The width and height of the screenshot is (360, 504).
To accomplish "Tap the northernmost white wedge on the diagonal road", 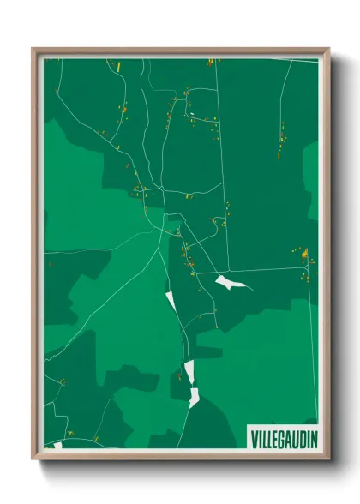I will tap(170, 301).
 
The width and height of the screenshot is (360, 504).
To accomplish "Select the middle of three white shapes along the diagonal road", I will tap(189, 371).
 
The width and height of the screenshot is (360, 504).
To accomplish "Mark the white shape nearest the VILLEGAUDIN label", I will tap(195, 397).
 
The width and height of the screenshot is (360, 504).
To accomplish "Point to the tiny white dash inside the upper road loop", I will tap(194, 114).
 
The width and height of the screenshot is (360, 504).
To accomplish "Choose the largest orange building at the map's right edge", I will tap(304, 254).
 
